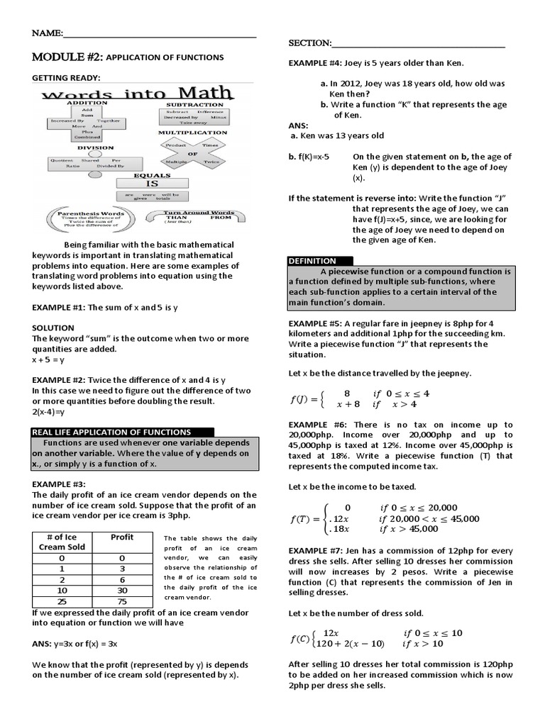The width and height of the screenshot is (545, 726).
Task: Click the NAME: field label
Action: click(x=48, y=33)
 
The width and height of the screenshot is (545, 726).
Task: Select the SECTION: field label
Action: click(x=309, y=43)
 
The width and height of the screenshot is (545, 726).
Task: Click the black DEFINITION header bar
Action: click(x=312, y=261)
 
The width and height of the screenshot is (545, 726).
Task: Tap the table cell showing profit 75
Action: click(x=122, y=601)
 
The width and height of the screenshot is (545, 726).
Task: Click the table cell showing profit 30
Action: click(x=122, y=590)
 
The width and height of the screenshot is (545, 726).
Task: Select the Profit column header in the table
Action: click(x=122, y=537)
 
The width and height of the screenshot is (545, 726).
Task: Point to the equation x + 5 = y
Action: click(x=48, y=359)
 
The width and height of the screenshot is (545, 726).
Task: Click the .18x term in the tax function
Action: click(x=338, y=529)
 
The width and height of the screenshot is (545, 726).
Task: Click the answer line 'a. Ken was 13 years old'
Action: click(x=336, y=135)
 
